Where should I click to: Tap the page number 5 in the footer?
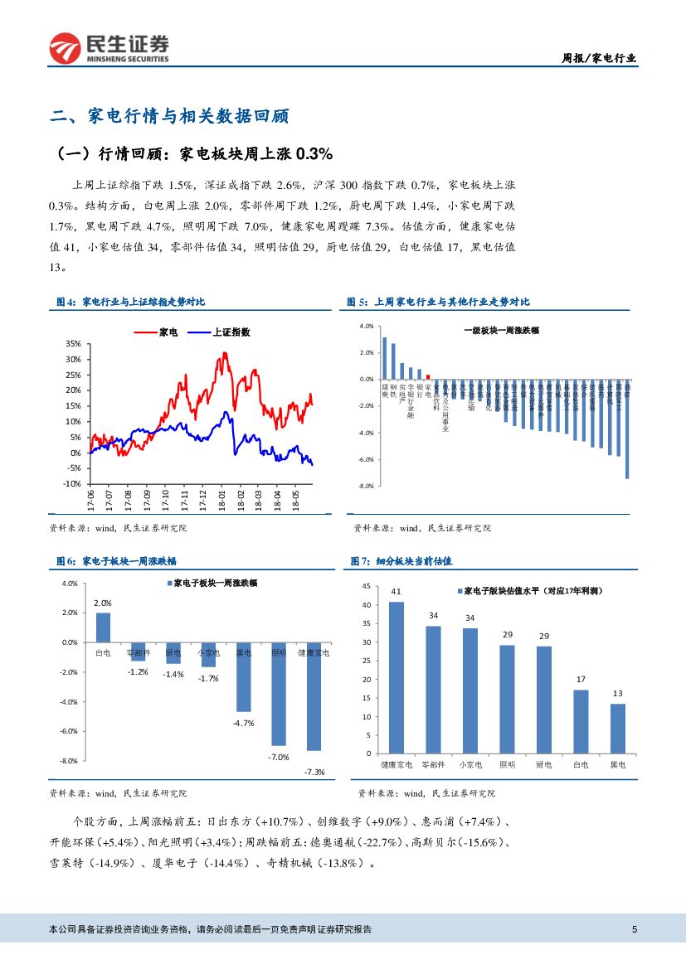[635, 929]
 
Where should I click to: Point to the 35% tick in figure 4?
[72, 344]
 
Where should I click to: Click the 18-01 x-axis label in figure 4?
[222, 501]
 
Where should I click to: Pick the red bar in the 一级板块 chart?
[428, 376]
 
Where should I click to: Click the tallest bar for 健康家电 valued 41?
[397, 677]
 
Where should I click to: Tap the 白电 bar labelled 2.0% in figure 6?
[103, 627]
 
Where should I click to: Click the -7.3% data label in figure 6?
[314, 772]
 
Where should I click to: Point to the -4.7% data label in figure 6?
[243, 723]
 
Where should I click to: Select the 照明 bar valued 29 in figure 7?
[507, 699]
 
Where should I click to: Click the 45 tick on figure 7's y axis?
[366, 587]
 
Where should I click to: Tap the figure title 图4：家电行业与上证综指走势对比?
[130, 303]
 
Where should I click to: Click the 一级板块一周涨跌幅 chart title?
[501, 330]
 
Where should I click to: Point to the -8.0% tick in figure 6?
[69, 761]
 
